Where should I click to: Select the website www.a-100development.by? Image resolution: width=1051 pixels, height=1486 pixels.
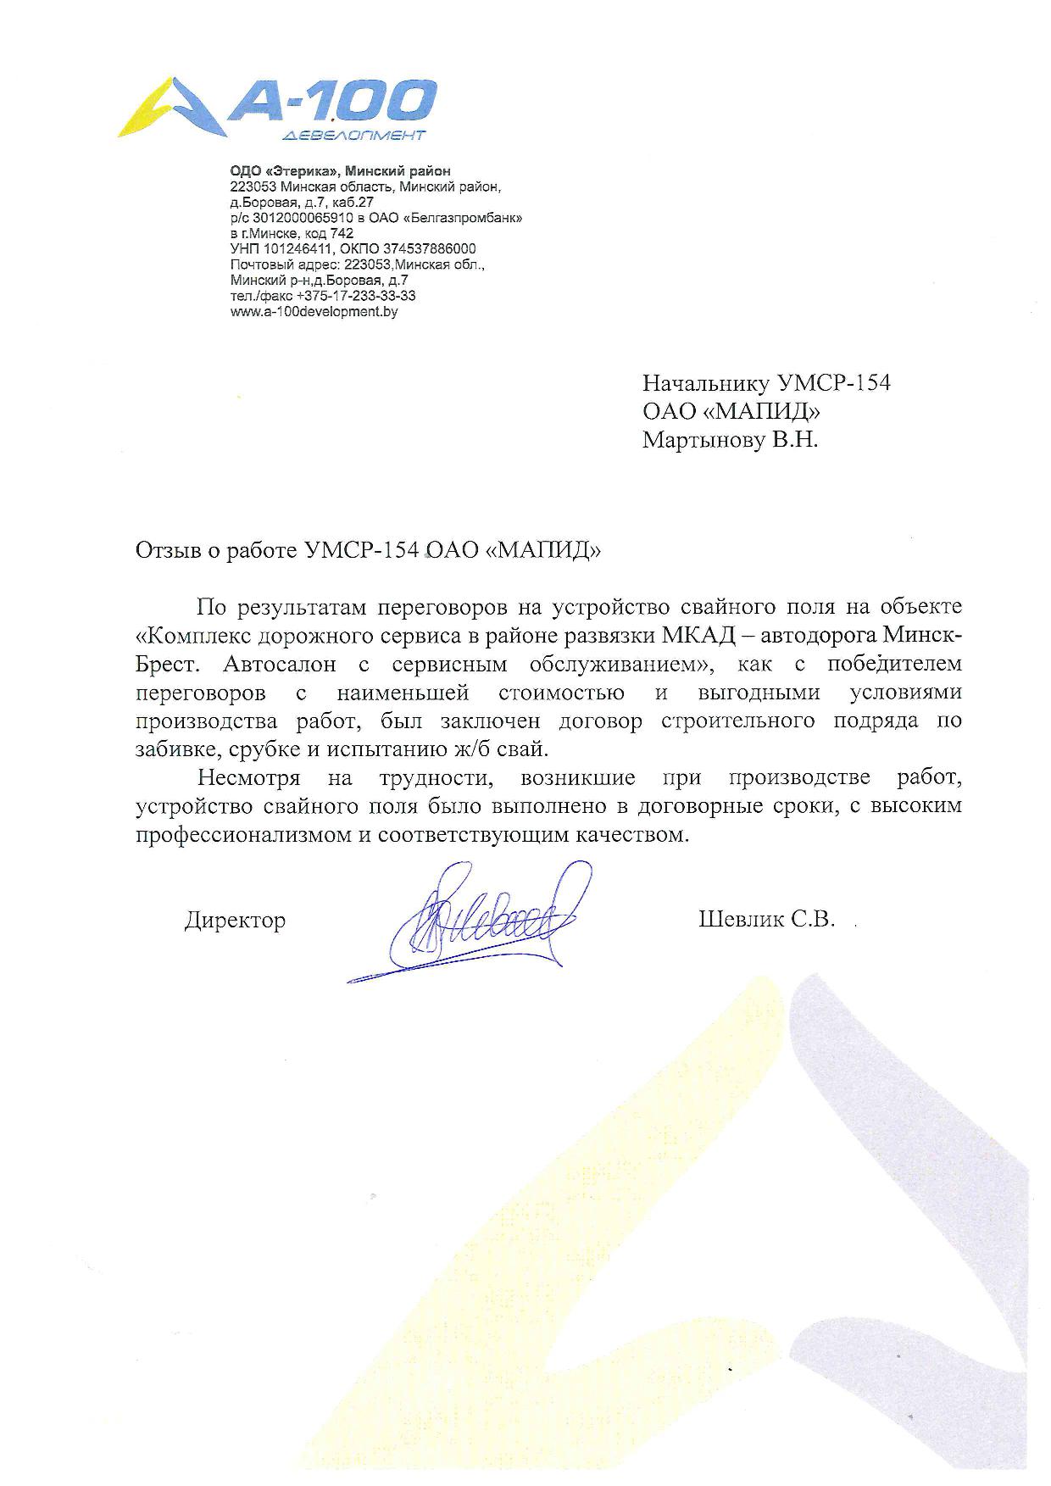click(314, 312)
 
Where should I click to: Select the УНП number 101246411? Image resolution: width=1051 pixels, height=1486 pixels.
click(297, 249)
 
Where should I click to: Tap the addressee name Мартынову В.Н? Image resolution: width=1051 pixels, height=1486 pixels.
click(731, 440)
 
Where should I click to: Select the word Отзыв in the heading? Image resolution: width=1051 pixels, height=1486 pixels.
click(166, 550)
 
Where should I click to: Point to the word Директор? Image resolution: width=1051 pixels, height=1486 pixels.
click(235, 920)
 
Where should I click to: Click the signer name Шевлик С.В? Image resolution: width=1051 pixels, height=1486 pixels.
click(767, 920)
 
